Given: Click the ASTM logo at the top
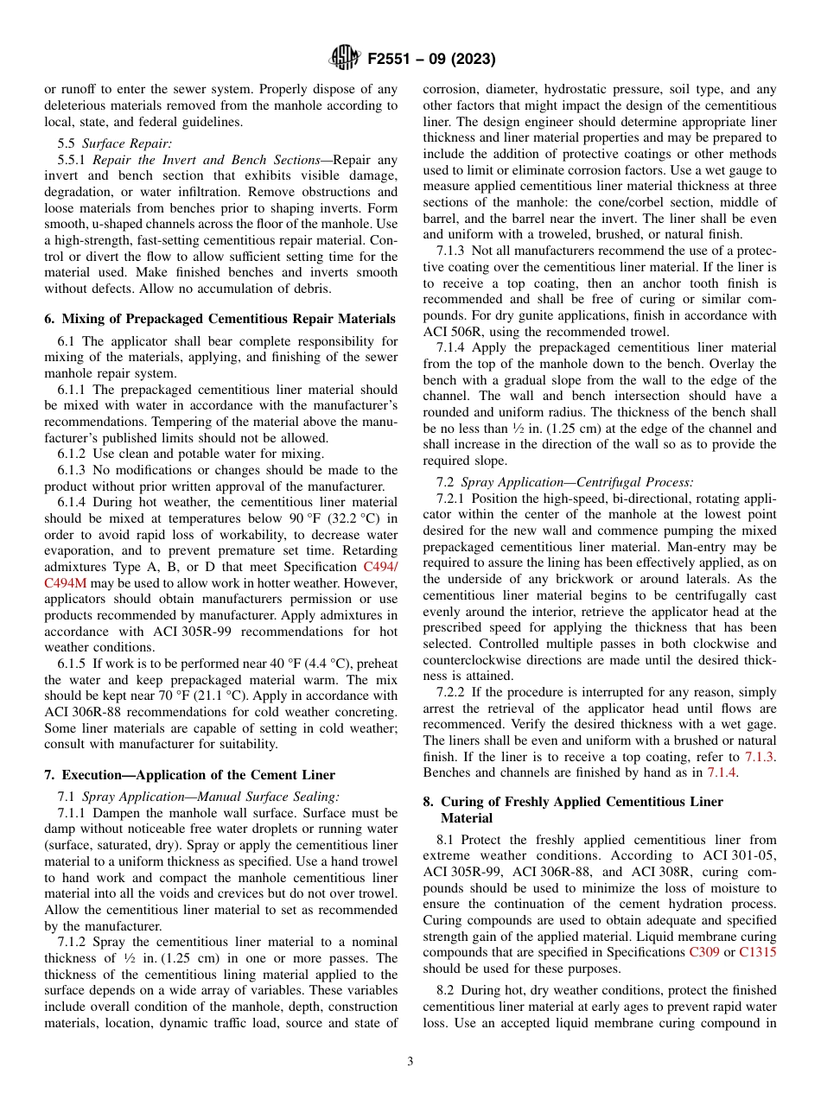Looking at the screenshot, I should pos(345,59).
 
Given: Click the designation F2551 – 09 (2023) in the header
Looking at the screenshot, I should pos(431,60).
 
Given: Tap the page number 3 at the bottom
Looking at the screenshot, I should pos(410,1061).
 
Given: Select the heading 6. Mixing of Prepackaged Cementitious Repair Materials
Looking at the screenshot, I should pos(220,319).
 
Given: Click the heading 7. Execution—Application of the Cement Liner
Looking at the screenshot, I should pos(189,774).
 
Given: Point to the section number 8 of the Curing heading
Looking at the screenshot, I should pos(428,802).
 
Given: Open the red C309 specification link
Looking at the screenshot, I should pos(703,952).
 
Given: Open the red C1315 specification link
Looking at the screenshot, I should pos(758,952).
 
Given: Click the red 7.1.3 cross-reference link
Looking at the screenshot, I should pos(760,757).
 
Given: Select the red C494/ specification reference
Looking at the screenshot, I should pos(380,567).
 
